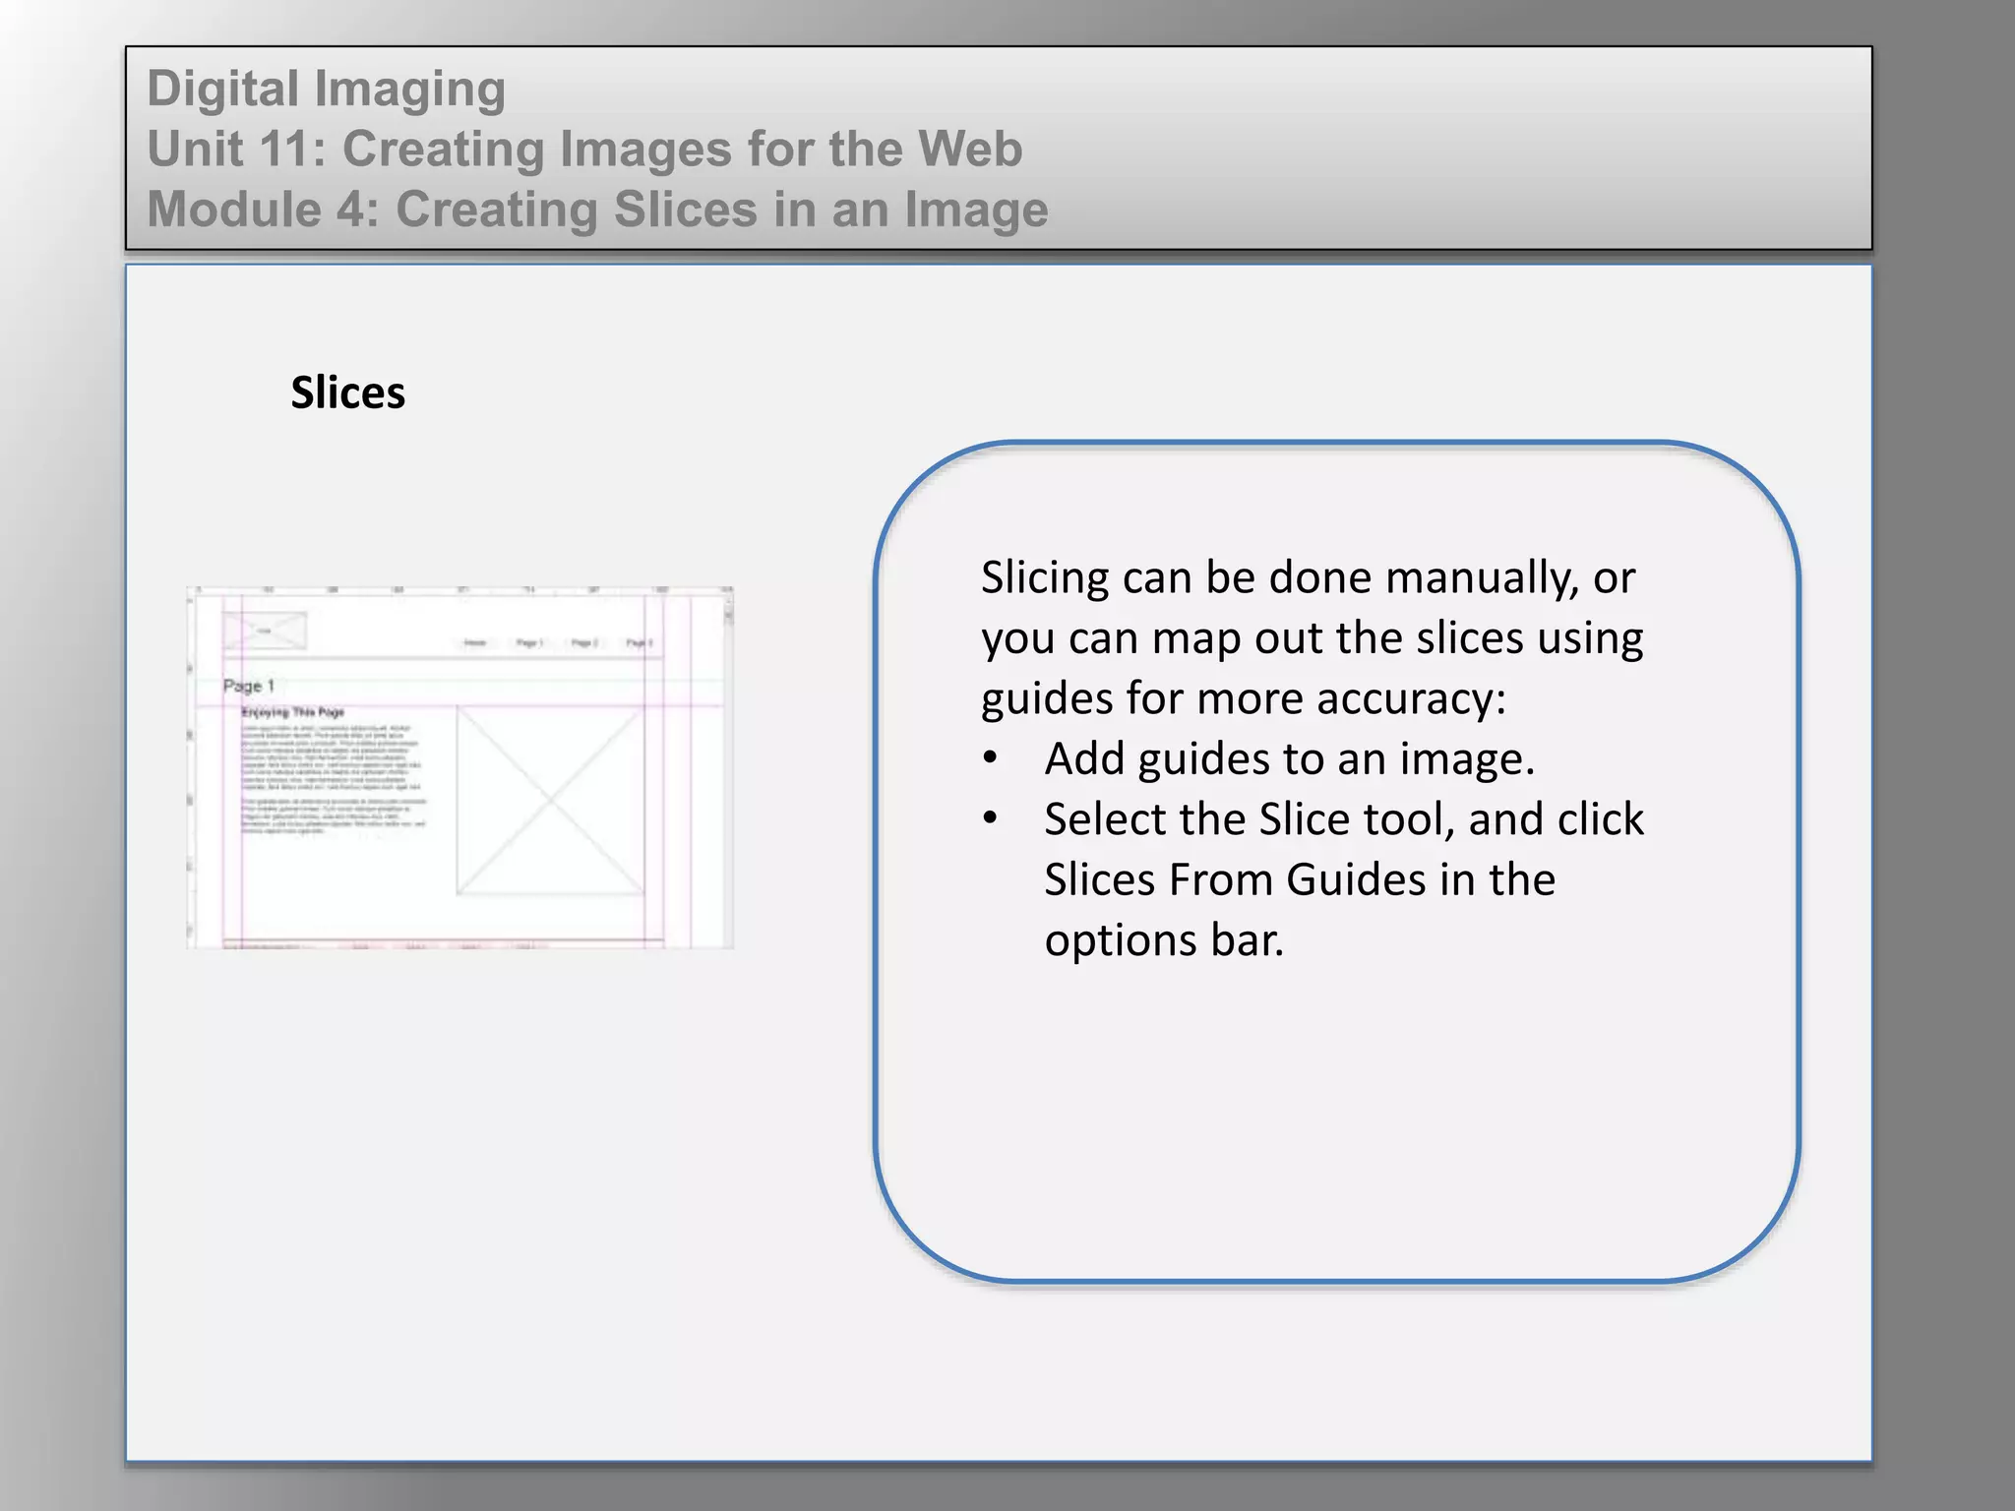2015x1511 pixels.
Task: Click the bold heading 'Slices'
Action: [x=347, y=393]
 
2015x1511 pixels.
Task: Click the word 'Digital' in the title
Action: [x=223, y=89]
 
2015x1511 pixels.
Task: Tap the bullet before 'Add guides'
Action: [x=991, y=758]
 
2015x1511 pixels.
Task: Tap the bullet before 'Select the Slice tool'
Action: [x=991, y=818]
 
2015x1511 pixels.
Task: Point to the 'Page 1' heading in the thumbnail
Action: [x=249, y=686]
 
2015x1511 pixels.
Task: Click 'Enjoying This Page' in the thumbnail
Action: [x=293, y=711]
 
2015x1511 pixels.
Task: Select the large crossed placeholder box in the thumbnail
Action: [x=549, y=801]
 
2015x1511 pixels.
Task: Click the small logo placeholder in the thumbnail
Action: [x=265, y=631]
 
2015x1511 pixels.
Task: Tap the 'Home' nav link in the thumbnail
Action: [x=475, y=642]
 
